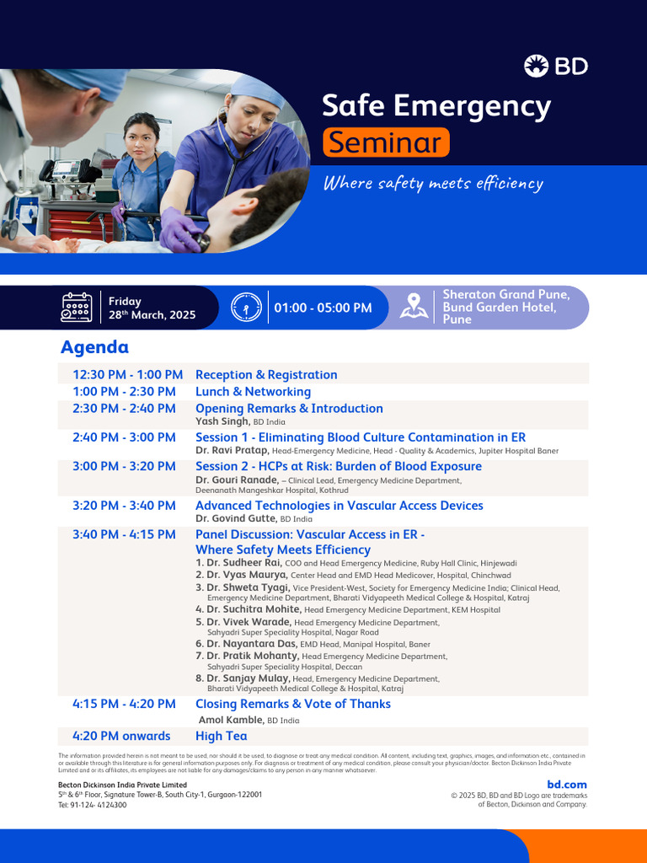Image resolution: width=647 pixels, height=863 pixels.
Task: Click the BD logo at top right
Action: [555, 66]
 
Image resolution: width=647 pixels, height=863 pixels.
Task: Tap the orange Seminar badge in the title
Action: [386, 142]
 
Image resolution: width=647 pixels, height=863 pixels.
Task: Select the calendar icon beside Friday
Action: [77, 308]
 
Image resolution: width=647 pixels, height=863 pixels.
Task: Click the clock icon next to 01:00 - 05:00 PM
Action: [246, 308]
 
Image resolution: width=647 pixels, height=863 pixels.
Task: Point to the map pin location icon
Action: [413, 307]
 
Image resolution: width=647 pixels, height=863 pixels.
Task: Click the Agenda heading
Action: [94, 347]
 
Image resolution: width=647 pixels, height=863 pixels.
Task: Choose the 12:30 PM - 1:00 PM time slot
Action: [127, 375]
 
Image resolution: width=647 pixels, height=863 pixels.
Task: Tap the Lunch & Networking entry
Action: [253, 392]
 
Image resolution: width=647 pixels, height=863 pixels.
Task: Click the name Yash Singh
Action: [222, 421]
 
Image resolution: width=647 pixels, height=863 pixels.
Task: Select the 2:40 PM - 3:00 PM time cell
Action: [124, 437]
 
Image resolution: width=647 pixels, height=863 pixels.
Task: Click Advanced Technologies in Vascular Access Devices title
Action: [339, 506]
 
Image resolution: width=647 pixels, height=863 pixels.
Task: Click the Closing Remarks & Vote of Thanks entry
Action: [292, 704]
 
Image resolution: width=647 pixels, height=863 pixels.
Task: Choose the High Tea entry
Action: [221, 736]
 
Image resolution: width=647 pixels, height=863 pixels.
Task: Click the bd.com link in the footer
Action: [567, 785]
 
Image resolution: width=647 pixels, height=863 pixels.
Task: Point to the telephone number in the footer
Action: [93, 805]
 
